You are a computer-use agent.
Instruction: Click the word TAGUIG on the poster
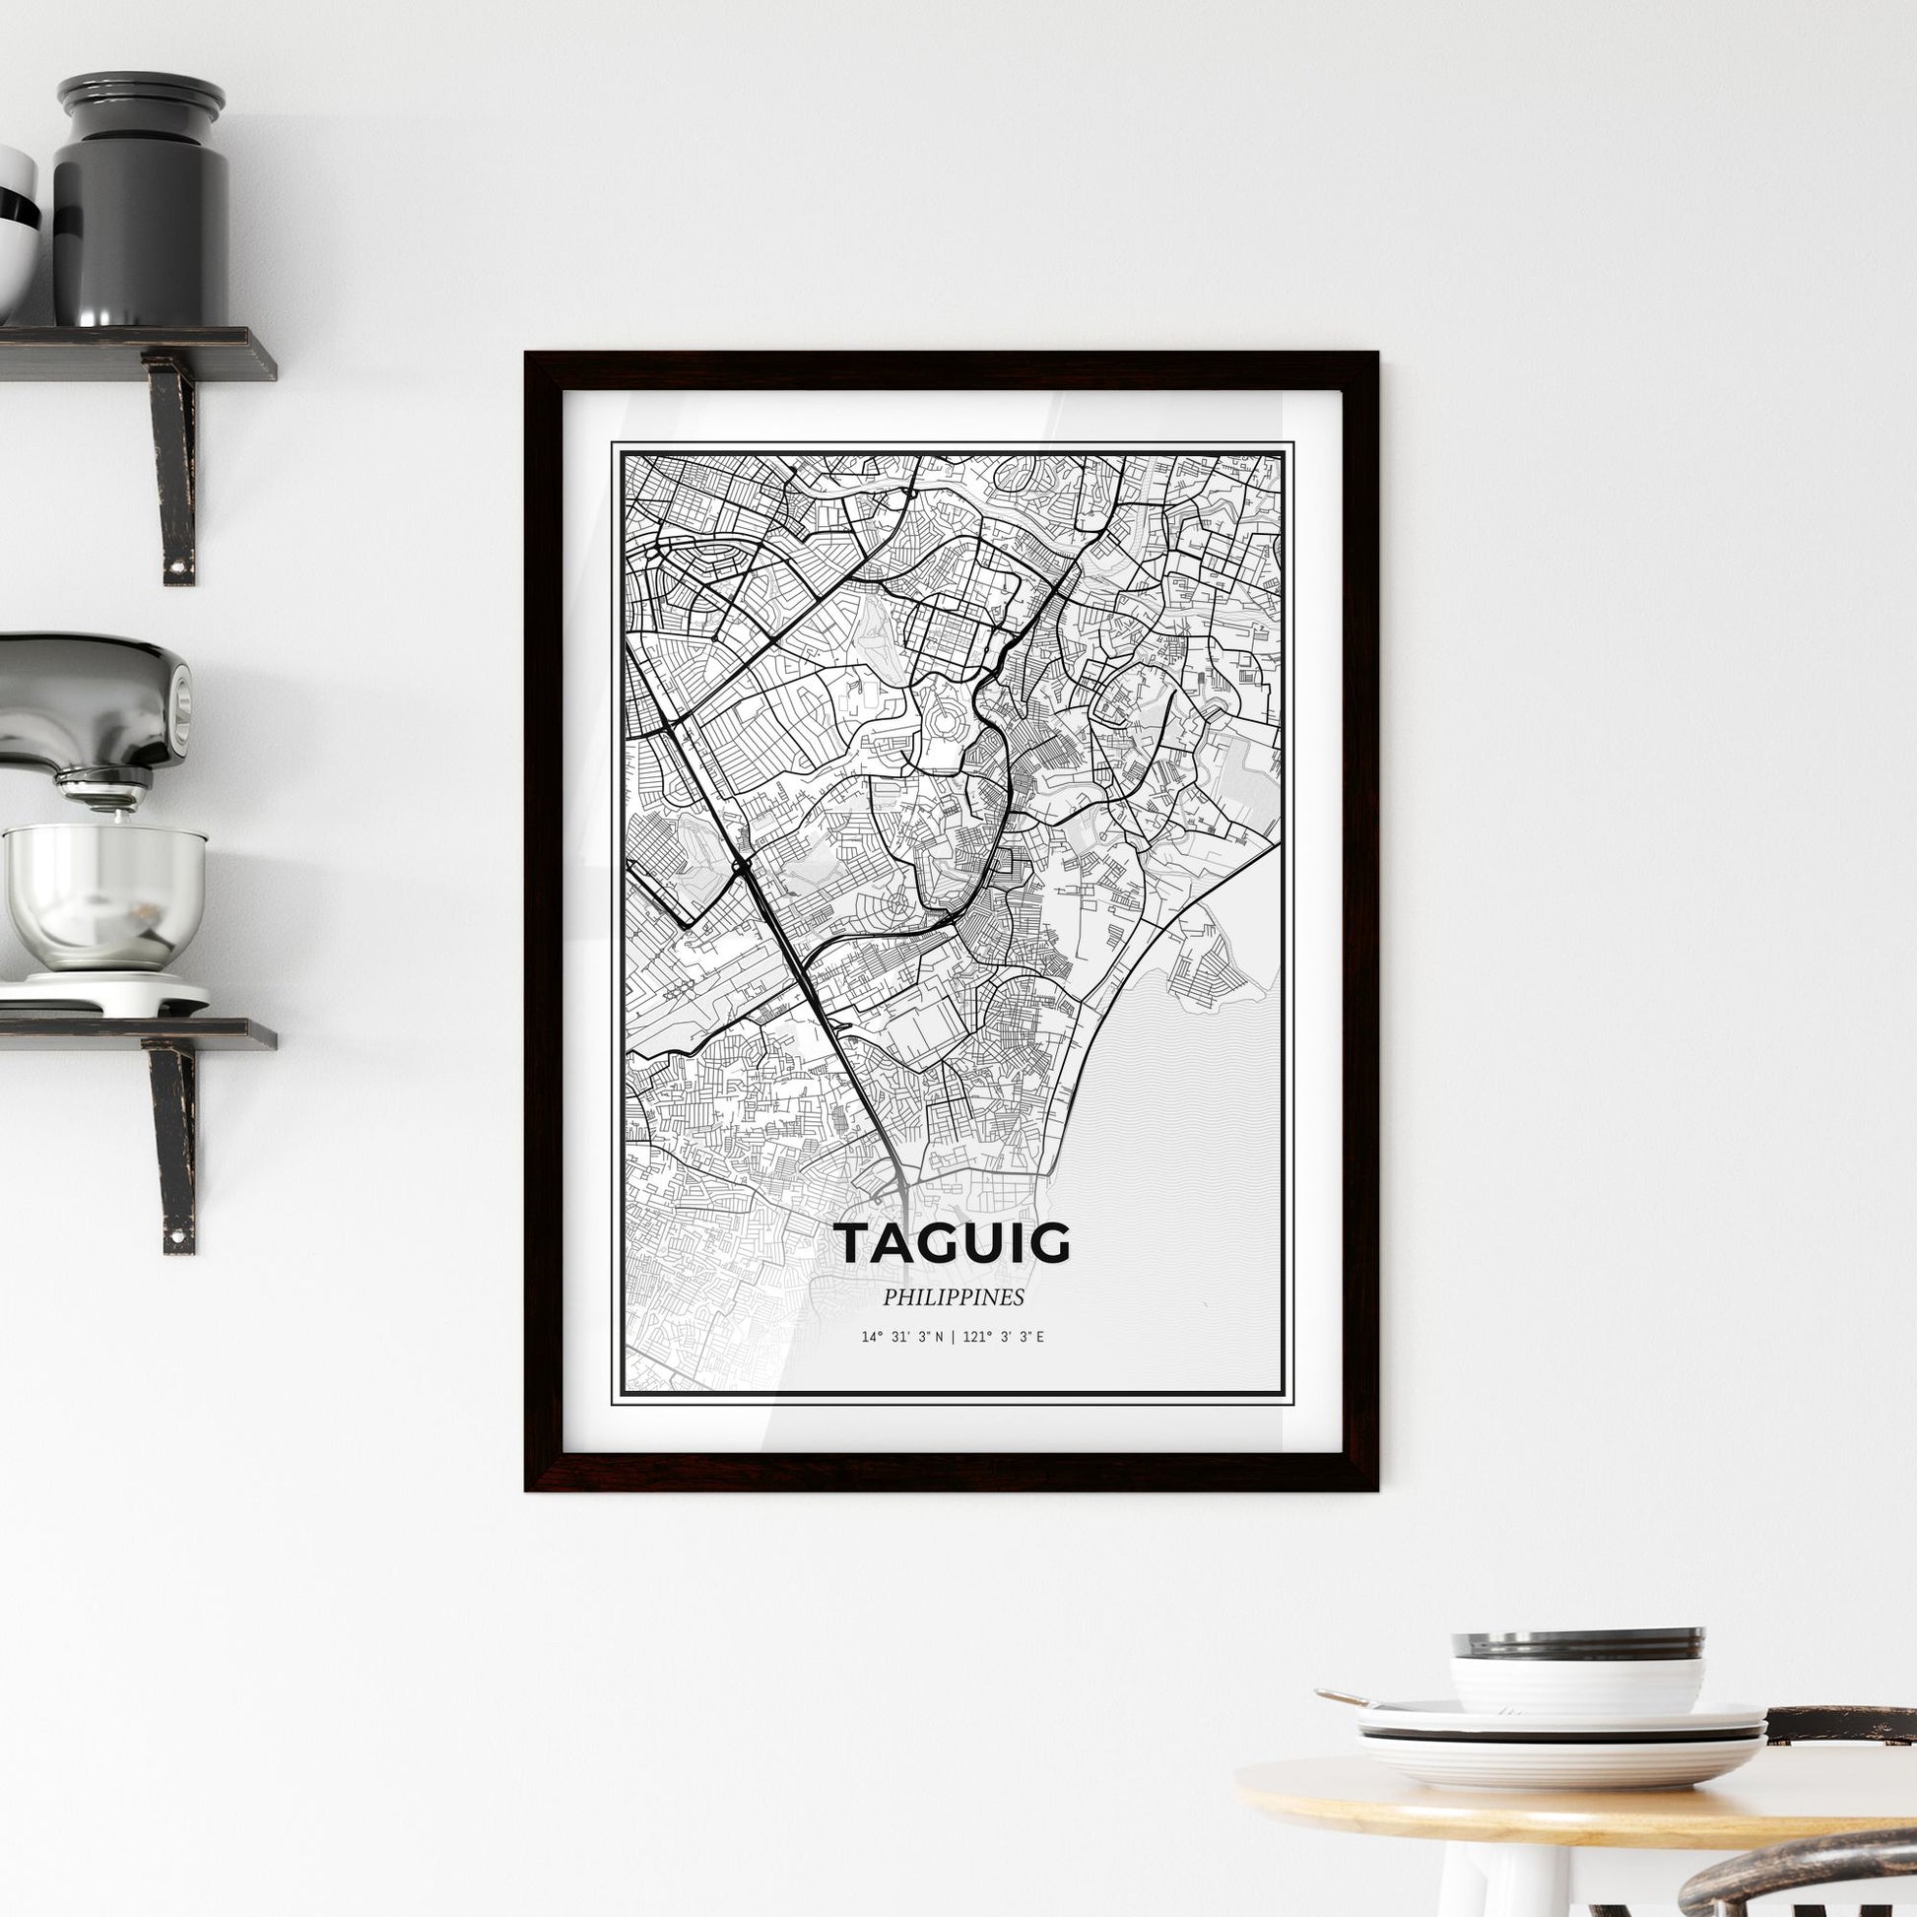[954, 1244]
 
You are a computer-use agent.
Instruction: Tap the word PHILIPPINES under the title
[954, 1296]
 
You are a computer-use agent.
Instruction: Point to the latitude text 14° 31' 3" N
[902, 1338]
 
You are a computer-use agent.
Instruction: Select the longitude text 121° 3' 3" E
[1004, 1338]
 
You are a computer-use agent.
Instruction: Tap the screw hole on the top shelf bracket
[179, 566]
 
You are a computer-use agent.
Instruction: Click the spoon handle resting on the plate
[1345, 1697]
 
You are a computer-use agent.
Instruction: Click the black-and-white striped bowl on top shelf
[15, 233]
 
